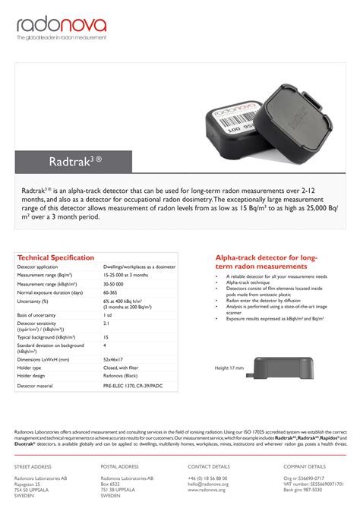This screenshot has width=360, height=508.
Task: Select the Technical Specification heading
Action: (x=55, y=258)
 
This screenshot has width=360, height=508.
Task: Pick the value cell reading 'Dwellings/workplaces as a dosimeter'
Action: (x=139, y=267)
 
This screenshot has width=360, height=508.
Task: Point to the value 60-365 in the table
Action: (x=111, y=292)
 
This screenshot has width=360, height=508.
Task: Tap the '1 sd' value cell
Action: (x=107, y=314)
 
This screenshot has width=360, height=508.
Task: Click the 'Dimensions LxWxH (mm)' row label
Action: (x=43, y=359)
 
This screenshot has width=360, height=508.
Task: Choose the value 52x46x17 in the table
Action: (x=114, y=359)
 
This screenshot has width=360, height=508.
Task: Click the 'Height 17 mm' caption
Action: (x=229, y=368)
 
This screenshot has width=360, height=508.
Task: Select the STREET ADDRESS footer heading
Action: (x=33, y=466)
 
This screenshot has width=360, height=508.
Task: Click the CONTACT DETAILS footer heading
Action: (x=209, y=466)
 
